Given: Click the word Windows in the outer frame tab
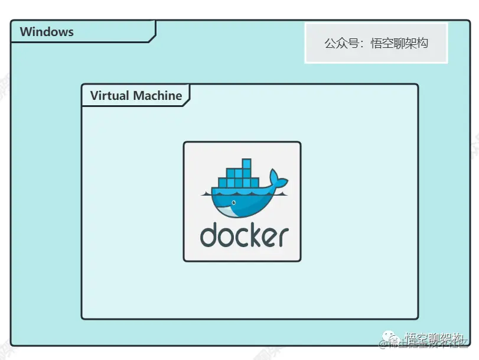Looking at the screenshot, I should tap(47, 32).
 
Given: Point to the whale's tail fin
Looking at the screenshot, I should tap(276, 179).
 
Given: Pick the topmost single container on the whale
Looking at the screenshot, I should tap(247, 164).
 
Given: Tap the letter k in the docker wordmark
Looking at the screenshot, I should tap(255, 235).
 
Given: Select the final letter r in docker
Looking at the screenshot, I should tap(283, 237).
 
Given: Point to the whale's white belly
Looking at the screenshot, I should tap(233, 210).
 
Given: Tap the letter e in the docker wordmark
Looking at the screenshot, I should tap(269, 237).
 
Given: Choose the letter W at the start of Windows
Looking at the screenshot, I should tap(26, 32).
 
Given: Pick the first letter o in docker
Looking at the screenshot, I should tap(226, 237).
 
